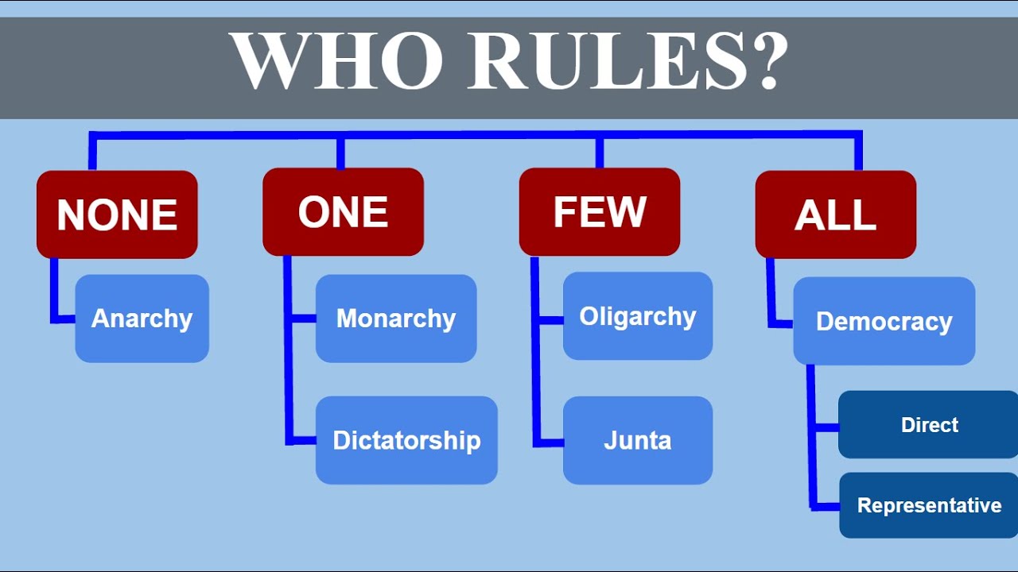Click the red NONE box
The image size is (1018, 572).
117,214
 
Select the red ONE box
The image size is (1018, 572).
343,212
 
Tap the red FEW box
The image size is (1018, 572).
599,212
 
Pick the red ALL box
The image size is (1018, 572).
835,214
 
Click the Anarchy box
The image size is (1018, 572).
142,319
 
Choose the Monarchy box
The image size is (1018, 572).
396,319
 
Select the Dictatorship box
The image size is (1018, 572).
406,440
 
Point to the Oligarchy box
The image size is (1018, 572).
637,316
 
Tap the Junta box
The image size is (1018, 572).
637,440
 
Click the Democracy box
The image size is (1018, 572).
884,321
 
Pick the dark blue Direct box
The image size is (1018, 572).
929,425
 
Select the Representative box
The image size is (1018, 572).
929,505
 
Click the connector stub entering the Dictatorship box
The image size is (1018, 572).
302,440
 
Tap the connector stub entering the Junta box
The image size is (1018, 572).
550,441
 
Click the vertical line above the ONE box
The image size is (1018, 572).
340,153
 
